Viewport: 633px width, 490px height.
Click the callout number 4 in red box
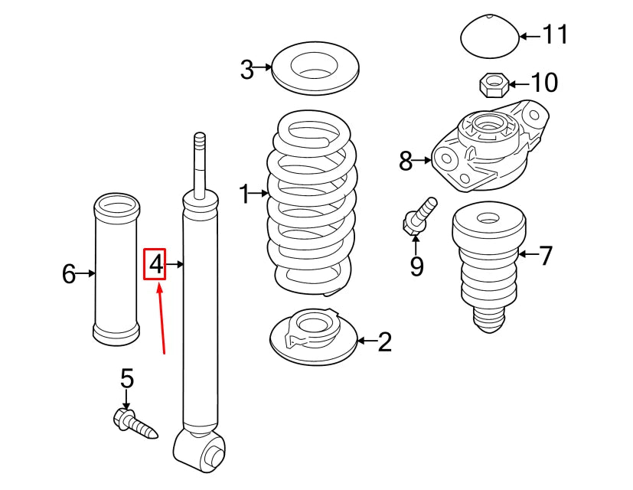coord(155,265)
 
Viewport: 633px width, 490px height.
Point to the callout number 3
coord(246,70)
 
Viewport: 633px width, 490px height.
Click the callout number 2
coord(384,341)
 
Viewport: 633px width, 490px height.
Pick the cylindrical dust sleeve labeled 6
coord(117,272)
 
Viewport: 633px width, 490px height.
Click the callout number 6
coord(69,273)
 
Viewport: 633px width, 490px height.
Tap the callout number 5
coord(127,378)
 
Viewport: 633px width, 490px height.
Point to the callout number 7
coord(545,255)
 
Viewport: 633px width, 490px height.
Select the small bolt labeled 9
coord(418,217)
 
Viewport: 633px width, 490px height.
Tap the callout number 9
coord(416,266)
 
